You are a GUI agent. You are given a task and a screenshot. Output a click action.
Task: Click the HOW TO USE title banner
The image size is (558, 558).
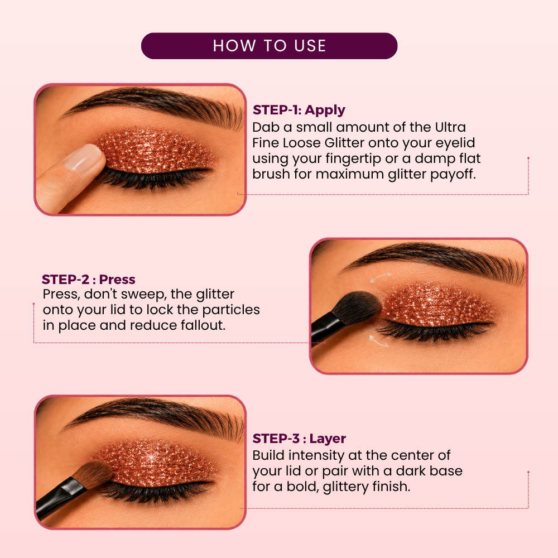point(269,46)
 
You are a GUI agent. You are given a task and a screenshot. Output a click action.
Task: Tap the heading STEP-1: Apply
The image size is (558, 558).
point(299,110)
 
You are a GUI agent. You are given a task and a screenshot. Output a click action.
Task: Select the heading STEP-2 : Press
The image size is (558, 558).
point(89,280)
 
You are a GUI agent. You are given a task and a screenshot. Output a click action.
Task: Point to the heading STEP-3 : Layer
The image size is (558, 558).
point(299,439)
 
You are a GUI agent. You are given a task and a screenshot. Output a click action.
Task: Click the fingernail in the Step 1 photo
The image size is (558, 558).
point(84,158)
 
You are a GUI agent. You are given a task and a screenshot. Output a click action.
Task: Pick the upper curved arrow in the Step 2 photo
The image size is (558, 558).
point(381,276)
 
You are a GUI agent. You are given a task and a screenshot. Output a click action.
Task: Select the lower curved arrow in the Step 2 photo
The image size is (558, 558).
point(378,340)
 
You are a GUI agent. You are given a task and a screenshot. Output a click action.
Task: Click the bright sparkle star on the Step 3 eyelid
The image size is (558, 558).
point(152,456)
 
